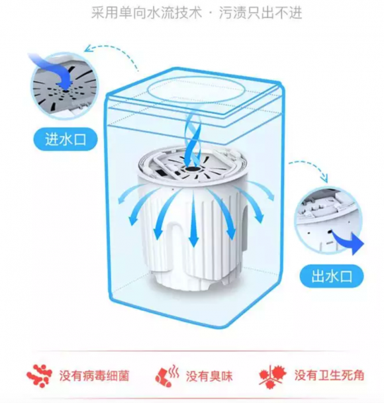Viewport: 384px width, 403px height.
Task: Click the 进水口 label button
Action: (66, 140)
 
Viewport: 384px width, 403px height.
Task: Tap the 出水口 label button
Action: (332, 277)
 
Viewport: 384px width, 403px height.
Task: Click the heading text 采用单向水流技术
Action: (146, 13)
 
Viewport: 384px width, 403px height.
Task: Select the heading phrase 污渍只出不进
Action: (260, 13)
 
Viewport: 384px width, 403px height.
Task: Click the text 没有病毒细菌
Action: (94, 376)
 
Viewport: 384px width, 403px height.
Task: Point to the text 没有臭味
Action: (209, 377)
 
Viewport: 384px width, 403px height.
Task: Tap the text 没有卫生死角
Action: (329, 375)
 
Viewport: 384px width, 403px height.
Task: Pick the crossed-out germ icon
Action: (273, 376)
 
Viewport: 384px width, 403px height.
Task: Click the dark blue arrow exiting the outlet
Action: (350, 240)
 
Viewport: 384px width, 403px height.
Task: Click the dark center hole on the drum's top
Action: (191, 169)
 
